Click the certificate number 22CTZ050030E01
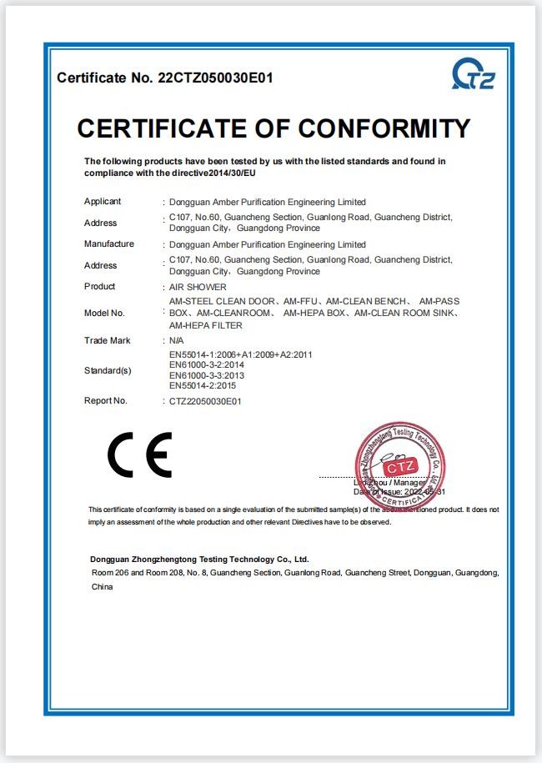(215, 78)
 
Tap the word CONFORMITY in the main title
(384, 128)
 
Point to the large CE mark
(139, 454)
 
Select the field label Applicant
(103, 201)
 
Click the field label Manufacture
(109, 243)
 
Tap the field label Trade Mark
(108, 340)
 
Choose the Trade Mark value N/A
(177, 341)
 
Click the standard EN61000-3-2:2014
(207, 365)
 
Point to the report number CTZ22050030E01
(205, 401)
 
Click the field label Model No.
(104, 313)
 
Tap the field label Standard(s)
(108, 370)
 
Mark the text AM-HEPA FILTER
(206, 325)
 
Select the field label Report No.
(106, 400)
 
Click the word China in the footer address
(102, 587)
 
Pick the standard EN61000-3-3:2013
(207, 375)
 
